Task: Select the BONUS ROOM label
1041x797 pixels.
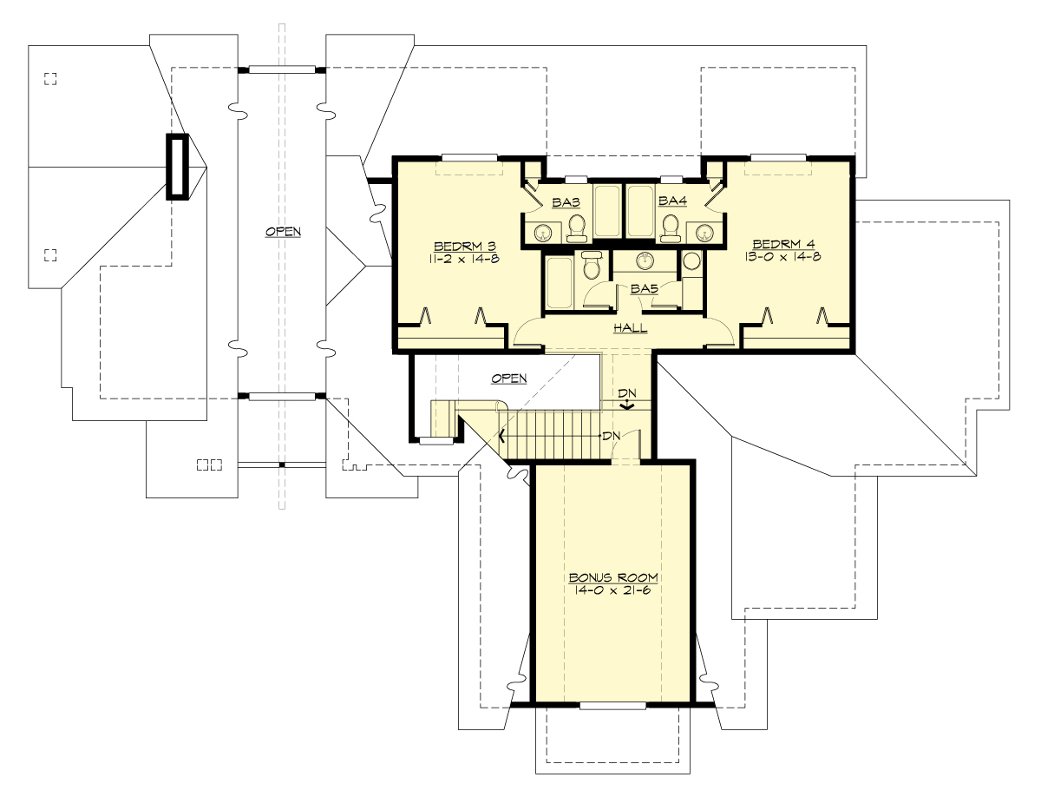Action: pyautogui.click(x=613, y=577)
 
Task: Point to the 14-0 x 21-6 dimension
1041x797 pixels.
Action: pyautogui.click(x=613, y=590)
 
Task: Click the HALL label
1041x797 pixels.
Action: pyautogui.click(x=630, y=328)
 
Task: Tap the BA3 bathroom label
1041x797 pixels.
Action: pyautogui.click(x=566, y=201)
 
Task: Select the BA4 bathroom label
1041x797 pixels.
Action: pyautogui.click(x=672, y=201)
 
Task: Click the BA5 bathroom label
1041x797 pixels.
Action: pyautogui.click(x=644, y=288)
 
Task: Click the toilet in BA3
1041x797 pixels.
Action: pyautogui.click(x=577, y=227)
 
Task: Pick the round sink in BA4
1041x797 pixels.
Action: pyautogui.click(x=704, y=231)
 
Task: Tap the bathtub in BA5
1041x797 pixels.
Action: pyautogui.click(x=559, y=281)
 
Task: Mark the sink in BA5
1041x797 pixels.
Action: pyautogui.click(x=645, y=260)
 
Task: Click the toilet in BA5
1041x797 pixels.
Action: pyautogui.click(x=593, y=264)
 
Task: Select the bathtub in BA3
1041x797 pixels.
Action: pyautogui.click(x=607, y=210)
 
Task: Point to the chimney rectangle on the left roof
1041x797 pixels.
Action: pyautogui.click(x=177, y=167)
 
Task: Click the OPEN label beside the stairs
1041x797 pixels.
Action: pyautogui.click(x=509, y=379)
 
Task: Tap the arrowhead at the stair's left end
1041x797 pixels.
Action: pyautogui.click(x=502, y=436)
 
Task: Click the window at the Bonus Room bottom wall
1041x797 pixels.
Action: pyautogui.click(x=612, y=705)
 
